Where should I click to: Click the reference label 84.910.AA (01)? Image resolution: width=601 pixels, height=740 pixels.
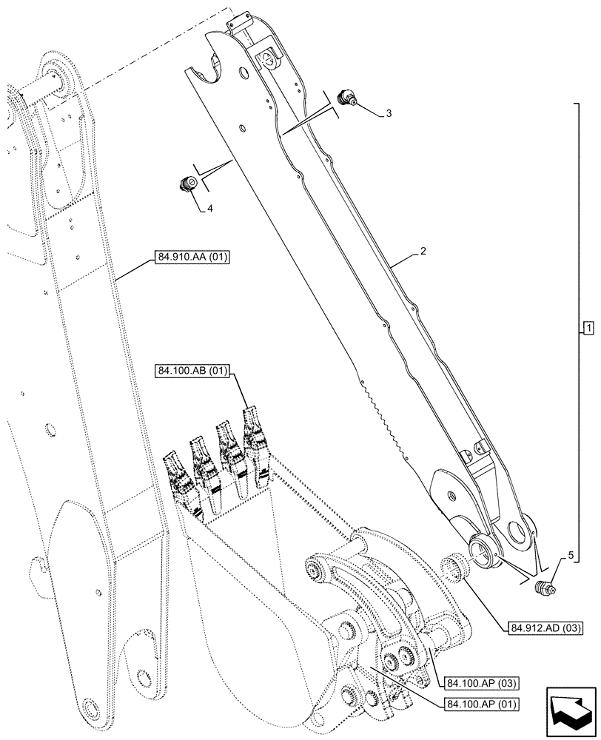(192, 258)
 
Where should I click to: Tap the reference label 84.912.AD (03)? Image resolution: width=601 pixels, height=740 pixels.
(545, 628)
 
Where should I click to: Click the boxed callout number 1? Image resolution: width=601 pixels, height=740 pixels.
(586, 328)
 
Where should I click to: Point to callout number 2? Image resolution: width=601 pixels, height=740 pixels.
(422, 252)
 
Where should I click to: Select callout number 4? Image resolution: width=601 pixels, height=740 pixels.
(209, 209)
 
